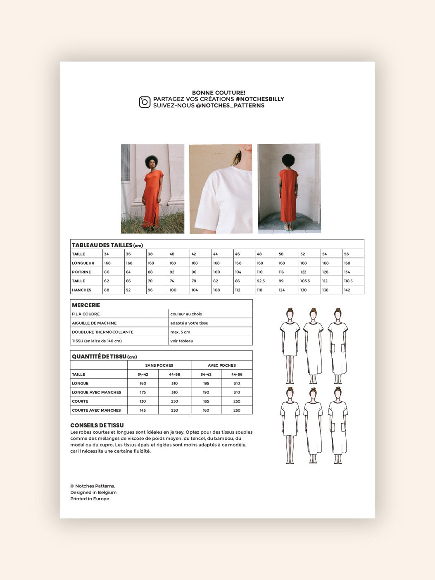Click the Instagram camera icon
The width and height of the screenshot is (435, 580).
[x=145, y=102]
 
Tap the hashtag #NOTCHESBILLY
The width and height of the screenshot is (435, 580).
[x=259, y=99]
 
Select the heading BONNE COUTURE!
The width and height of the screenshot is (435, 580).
[x=219, y=93]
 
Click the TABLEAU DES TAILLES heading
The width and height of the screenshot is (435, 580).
[x=102, y=245]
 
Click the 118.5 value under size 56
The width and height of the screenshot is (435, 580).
[x=348, y=281]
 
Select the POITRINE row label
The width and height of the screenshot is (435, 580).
[x=81, y=272]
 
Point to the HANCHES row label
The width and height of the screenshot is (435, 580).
[x=81, y=290]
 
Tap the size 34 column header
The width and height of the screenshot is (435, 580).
[x=107, y=254]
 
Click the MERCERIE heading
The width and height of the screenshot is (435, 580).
[x=86, y=305]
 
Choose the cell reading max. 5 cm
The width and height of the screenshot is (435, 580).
[x=180, y=332]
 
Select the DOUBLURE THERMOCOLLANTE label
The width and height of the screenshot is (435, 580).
[x=102, y=332]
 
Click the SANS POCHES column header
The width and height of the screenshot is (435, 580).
[x=159, y=365]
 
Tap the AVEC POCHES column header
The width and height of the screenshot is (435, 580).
[x=222, y=365]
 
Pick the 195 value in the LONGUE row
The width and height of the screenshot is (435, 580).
[x=206, y=384]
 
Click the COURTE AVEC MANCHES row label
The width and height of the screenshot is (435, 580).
[x=96, y=411]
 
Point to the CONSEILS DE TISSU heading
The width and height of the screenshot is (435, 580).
[x=97, y=425]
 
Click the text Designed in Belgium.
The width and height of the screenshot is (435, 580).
[x=94, y=492]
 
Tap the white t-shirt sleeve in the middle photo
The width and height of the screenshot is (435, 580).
[x=209, y=207]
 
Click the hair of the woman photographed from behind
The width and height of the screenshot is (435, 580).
[x=288, y=160]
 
